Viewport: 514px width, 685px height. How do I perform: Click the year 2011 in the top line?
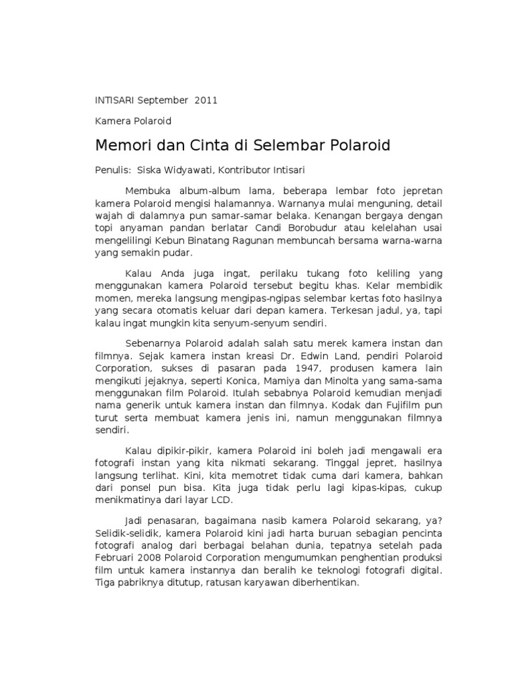tap(206, 100)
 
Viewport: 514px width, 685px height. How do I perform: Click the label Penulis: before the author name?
tap(110, 171)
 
